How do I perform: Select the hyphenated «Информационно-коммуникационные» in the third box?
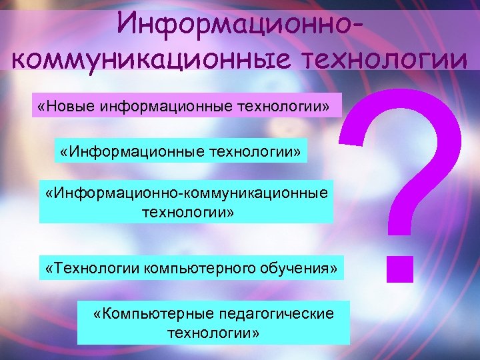186,193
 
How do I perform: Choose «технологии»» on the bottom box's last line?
213,331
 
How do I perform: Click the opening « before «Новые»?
41,106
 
